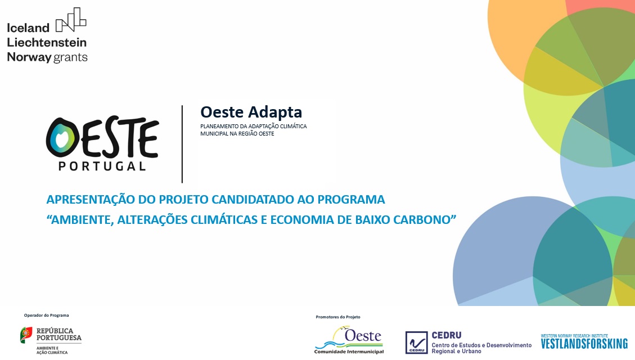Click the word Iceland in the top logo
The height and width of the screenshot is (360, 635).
coord(28,28)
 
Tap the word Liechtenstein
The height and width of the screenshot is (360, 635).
coord(47,42)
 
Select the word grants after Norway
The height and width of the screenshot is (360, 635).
coord(71,57)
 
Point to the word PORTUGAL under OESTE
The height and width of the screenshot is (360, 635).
coord(102,166)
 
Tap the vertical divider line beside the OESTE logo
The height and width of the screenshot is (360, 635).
coord(182,144)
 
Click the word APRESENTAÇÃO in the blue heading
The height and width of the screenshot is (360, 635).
coord(89,200)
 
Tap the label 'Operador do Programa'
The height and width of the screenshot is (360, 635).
coord(46,315)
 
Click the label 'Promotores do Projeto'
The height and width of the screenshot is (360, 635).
coord(338,317)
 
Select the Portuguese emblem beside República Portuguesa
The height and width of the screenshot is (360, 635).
coord(26,335)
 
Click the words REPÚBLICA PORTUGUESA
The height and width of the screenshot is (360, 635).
coord(58,335)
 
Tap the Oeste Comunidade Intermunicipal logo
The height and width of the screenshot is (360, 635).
coord(349,340)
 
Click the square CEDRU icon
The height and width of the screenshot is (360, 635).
coord(416,343)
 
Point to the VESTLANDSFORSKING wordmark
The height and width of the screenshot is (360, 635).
coord(584,343)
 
